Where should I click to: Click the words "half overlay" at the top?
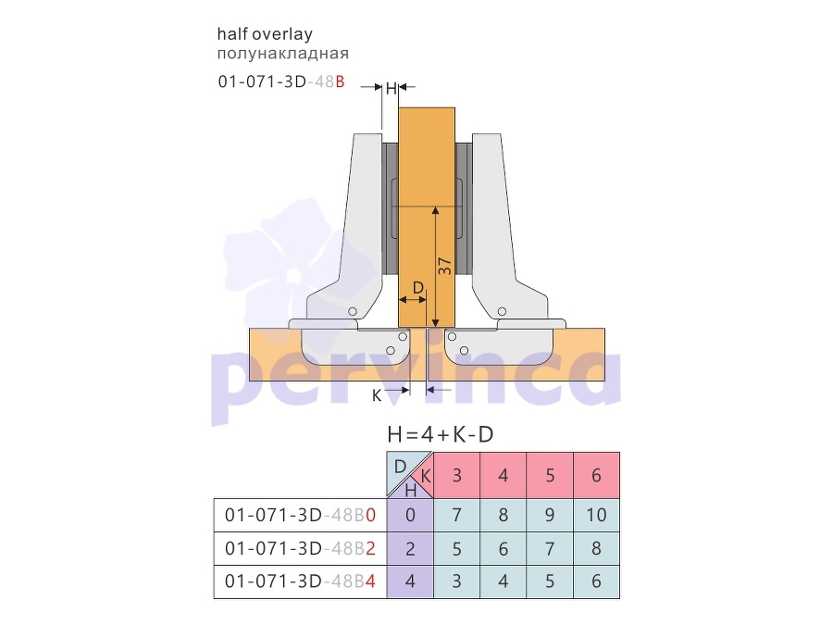(x=265, y=34)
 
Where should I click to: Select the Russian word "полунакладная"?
(x=282, y=54)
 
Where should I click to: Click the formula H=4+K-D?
(x=441, y=435)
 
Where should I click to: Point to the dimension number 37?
(x=444, y=267)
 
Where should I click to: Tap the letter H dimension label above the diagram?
(x=391, y=88)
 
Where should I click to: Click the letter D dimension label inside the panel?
(x=418, y=288)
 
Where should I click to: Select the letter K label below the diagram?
(x=377, y=395)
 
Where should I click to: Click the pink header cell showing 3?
(x=457, y=475)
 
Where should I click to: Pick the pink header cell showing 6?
(x=597, y=475)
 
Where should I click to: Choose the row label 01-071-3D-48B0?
(x=300, y=515)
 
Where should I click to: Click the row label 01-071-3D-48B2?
(x=300, y=548)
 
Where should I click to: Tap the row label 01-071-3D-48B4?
(x=300, y=581)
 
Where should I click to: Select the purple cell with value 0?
(x=410, y=515)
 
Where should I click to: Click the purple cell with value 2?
(x=410, y=548)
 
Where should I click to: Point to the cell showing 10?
(x=597, y=515)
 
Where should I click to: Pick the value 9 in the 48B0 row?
(x=550, y=515)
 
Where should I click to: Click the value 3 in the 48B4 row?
(x=457, y=581)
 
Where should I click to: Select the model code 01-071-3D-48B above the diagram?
(x=281, y=81)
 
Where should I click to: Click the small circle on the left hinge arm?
(x=353, y=311)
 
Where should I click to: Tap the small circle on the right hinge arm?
(x=502, y=311)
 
